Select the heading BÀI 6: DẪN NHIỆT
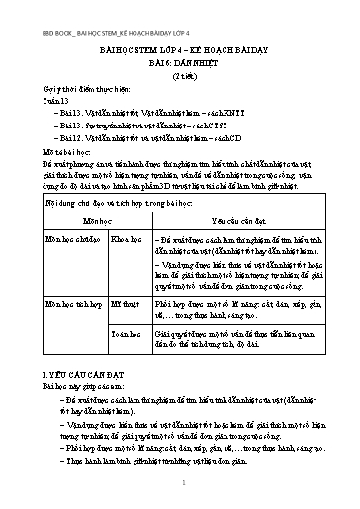[180, 59]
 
